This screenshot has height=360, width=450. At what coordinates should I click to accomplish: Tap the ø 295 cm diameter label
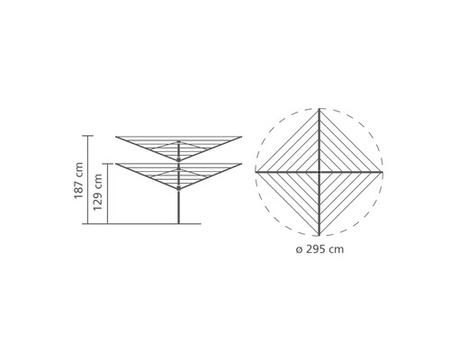tap(319, 248)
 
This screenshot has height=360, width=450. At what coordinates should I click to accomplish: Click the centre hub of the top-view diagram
tap(319, 170)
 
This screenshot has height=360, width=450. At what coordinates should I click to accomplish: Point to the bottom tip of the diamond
tap(319, 233)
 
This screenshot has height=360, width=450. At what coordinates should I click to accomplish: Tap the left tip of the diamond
tap(256, 170)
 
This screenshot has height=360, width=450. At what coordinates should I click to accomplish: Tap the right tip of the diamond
tap(382, 170)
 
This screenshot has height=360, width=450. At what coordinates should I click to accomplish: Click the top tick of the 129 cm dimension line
tap(107, 163)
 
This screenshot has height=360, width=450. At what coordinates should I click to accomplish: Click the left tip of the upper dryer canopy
tap(116, 137)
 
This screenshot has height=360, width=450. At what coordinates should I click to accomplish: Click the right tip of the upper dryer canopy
tap(245, 137)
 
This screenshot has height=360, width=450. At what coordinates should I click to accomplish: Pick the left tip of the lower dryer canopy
tap(116, 164)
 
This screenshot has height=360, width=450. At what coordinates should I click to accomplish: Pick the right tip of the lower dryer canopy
tap(245, 164)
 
